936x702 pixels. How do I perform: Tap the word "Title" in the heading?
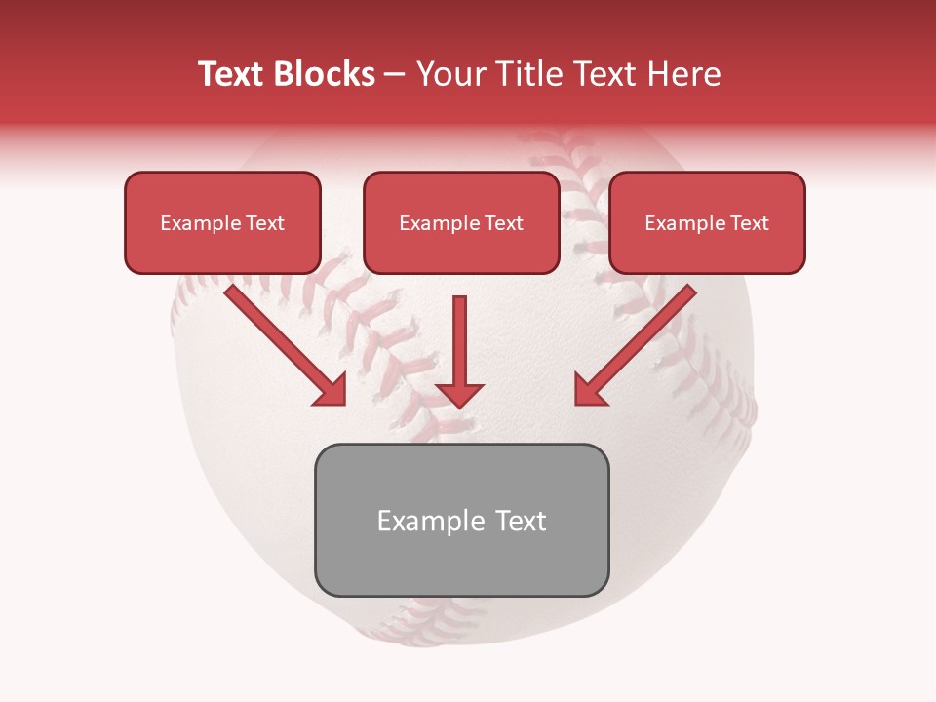[526, 74]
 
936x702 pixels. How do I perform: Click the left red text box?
[222, 249]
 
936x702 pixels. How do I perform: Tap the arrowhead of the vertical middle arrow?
[459, 394]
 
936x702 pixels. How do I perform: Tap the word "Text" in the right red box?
[750, 223]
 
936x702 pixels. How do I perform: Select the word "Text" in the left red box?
[265, 223]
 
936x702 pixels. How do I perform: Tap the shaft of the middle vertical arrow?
[459, 336]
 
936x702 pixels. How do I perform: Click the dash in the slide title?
[395, 74]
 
